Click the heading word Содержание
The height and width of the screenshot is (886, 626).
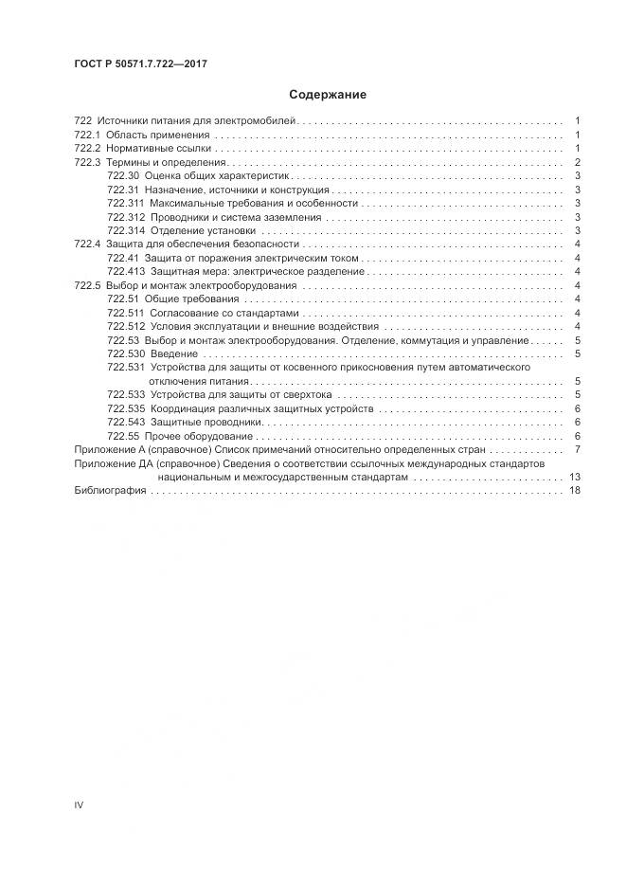328,95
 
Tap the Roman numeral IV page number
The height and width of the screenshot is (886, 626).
79,805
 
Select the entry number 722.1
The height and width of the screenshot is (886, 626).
86,136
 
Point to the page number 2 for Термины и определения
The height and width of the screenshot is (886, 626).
577,162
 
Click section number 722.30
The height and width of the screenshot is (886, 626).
123,176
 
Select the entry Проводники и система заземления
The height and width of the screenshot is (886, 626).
236,217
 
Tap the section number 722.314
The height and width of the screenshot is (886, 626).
125,230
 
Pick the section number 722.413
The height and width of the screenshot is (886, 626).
125,271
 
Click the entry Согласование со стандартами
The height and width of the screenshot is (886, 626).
224,313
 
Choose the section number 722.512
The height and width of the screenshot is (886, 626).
125,326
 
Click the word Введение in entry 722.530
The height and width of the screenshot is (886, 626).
173,353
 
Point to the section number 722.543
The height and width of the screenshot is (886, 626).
125,422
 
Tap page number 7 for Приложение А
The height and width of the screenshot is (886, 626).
577,449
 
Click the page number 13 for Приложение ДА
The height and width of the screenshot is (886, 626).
574,477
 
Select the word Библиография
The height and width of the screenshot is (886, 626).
110,491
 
